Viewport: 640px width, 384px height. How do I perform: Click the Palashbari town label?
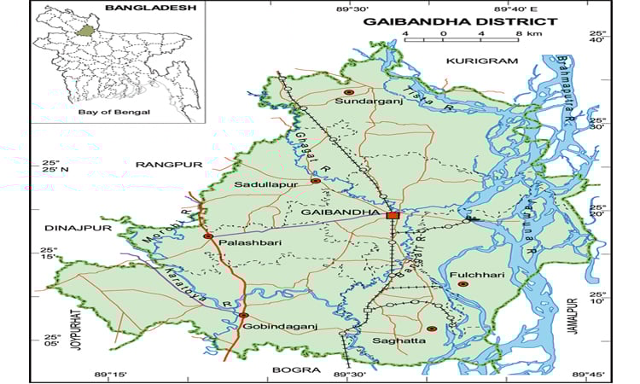coord(247,243)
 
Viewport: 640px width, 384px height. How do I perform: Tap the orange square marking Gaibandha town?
coord(393,216)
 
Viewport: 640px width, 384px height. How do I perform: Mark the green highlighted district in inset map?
coord(84,30)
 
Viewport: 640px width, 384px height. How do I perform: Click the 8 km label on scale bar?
coord(525,34)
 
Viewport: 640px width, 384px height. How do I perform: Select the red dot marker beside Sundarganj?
coord(347,91)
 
